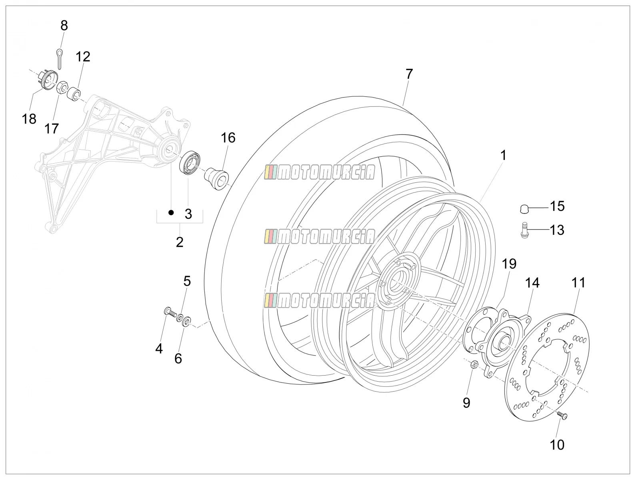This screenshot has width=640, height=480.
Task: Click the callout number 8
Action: click(x=64, y=26)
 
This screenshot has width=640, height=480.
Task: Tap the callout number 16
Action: click(x=228, y=138)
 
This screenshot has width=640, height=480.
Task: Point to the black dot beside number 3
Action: click(x=171, y=213)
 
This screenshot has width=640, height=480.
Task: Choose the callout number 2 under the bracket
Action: click(x=180, y=242)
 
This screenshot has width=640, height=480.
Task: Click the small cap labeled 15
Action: click(x=524, y=209)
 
